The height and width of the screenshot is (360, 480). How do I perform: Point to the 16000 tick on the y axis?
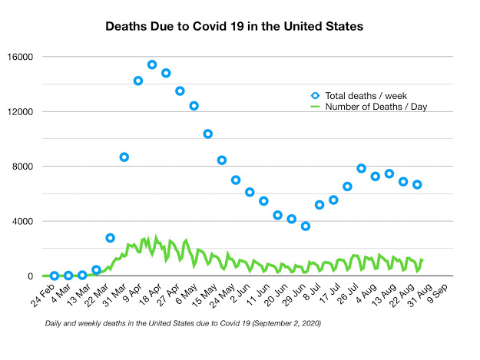[x=18, y=57]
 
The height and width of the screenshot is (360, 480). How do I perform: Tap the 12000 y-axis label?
[x=18, y=111]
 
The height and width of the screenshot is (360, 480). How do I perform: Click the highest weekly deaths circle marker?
[x=152, y=64]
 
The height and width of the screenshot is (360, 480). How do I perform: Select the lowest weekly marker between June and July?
[x=306, y=226]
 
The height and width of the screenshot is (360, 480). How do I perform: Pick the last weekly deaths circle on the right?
[x=417, y=184]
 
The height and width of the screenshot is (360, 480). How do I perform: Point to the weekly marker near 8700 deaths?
[x=124, y=157]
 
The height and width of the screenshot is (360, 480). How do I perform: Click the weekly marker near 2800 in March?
[x=110, y=238]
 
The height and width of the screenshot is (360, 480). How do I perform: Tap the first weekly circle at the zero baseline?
[x=55, y=276]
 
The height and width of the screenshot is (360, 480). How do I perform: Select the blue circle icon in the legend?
[x=315, y=95]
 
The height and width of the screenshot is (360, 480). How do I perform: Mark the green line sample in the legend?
[x=315, y=107]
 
